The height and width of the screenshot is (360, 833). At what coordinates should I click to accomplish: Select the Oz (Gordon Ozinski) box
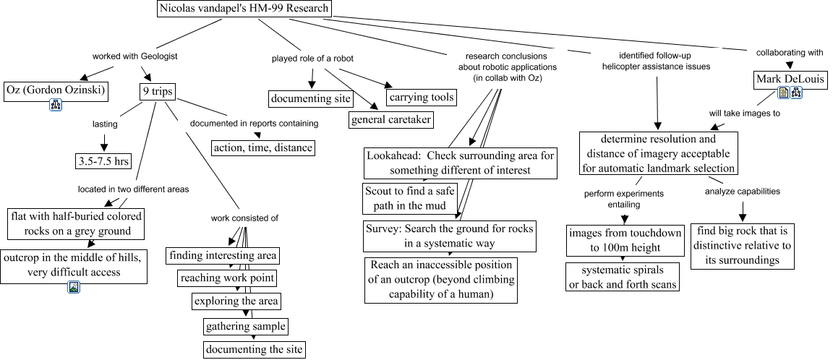click(55, 90)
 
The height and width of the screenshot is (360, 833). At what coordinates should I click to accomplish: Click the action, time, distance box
click(263, 147)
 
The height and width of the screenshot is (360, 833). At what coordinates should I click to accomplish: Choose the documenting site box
click(311, 98)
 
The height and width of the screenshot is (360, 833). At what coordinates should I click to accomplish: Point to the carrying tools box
click(422, 97)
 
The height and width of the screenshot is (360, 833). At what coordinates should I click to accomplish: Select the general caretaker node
click(391, 119)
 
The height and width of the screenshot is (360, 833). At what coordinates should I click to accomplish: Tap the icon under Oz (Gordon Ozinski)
click(56, 106)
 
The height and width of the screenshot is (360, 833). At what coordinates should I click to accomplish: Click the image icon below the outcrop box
click(74, 288)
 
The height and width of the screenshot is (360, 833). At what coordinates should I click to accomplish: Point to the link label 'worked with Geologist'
click(134, 56)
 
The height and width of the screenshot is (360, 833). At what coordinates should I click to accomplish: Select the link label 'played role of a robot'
click(312, 58)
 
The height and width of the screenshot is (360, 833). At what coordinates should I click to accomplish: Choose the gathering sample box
click(245, 326)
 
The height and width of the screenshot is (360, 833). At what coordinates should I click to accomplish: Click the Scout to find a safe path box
click(410, 198)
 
